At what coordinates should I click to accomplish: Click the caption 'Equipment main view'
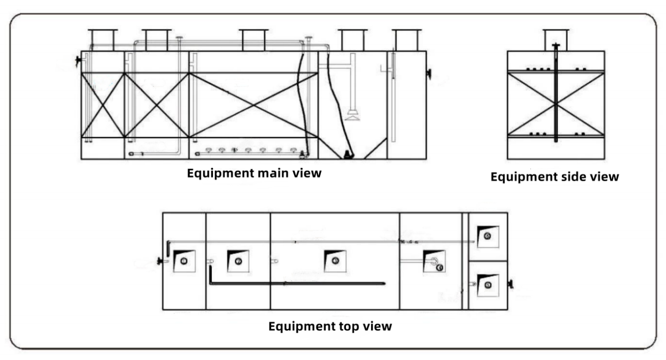tap(254, 173)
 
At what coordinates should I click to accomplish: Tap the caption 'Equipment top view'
tap(330, 326)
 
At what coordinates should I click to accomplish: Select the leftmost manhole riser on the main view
tap(102, 40)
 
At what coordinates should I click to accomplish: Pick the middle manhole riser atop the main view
tap(254, 40)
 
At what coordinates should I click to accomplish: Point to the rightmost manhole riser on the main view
tap(407, 40)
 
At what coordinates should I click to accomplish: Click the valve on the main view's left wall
tap(79, 61)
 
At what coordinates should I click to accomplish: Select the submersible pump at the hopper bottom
tap(347, 154)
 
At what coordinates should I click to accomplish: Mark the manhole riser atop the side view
tap(556, 40)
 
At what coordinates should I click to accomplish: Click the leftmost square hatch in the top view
tap(183, 261)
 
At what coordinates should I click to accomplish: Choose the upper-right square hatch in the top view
tap(487, 236)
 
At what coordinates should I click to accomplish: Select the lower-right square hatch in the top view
tap(487, 284)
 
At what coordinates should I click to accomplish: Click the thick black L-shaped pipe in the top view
tap(294, 283)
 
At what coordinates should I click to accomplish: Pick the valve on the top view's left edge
tap(159, 261)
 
